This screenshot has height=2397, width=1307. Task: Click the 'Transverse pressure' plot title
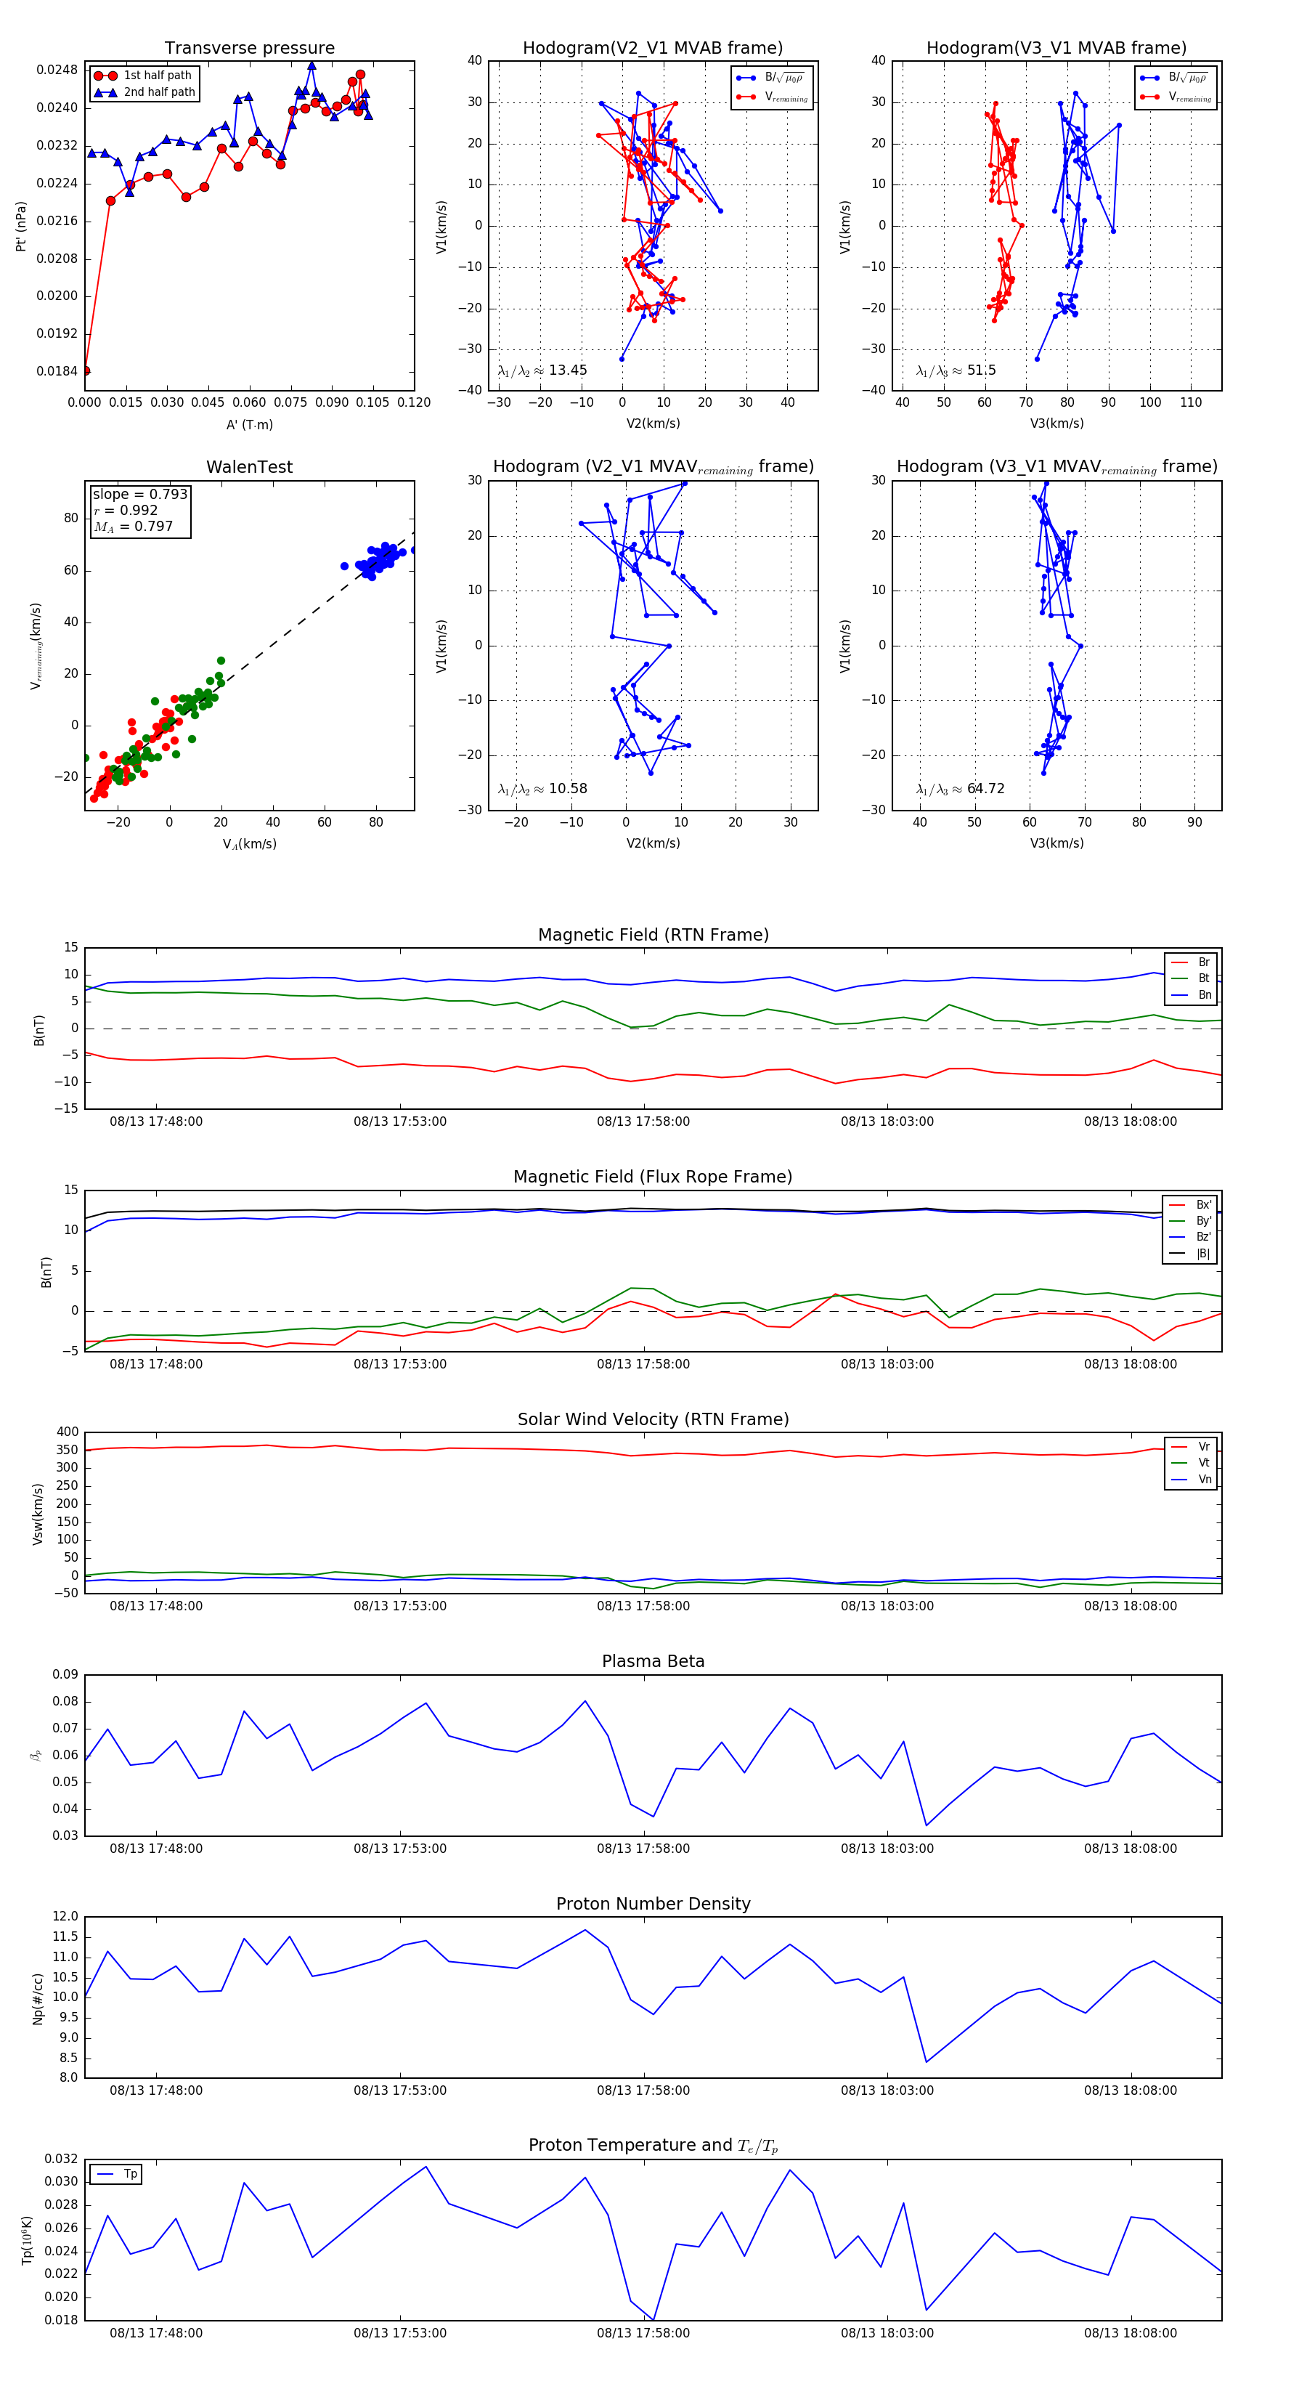coord(249,49)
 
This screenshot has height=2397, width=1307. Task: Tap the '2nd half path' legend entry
coord(159,92)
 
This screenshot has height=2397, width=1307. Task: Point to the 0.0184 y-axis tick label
coord(57,371)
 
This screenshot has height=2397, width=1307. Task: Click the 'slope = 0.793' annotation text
coord(139,494)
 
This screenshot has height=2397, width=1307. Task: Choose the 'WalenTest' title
coord(249,467)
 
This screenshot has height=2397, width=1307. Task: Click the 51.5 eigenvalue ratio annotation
coord(956,370)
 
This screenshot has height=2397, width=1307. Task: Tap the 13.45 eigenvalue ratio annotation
coord(543,370)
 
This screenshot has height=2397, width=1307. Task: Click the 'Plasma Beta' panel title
coord(653,1662)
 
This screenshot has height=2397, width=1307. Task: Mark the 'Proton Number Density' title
coord(653,1904)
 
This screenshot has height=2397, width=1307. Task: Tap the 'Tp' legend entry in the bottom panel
coord(129,2174)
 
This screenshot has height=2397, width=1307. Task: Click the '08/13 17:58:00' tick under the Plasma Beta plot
coord(644,1848)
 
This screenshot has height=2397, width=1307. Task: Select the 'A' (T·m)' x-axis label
coord(249,425)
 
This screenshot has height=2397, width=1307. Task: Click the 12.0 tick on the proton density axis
coord(65,1917)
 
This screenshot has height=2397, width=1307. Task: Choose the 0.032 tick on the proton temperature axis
coord(62,2159)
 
